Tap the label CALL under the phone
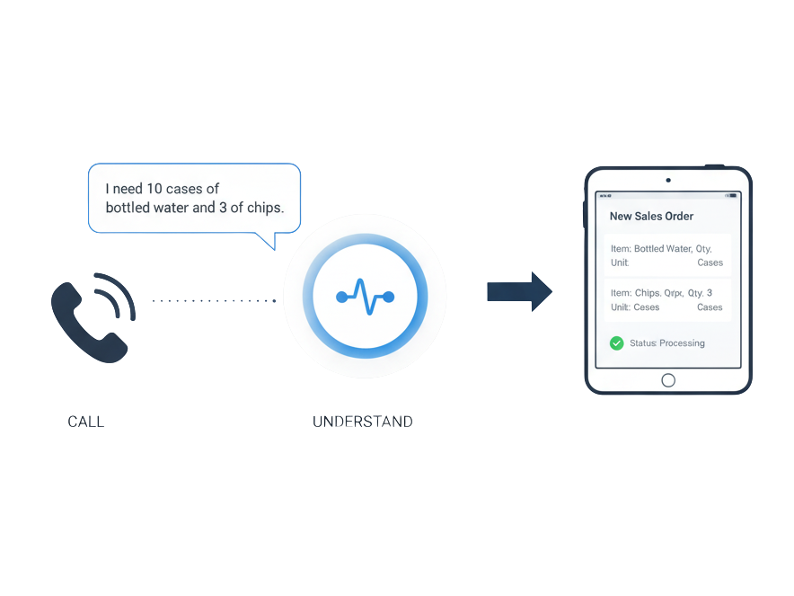[x=86, y=421]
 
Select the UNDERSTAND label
[x=363, y=421]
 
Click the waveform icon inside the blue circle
[x=365, y=296]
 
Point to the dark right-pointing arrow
[x=519, y=291]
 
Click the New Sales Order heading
[x=651, y=216]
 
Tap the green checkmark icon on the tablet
[x=616, y=342]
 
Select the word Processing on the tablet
[x=682, y=343]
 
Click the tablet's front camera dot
[x=667, y=180]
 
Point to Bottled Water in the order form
[x=662, y=248]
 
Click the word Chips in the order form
[x=647, y=293]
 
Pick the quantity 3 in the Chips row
[x=710, y=293]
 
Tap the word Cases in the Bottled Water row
[x=710, y=262]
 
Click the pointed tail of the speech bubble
[x=268, y=242]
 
